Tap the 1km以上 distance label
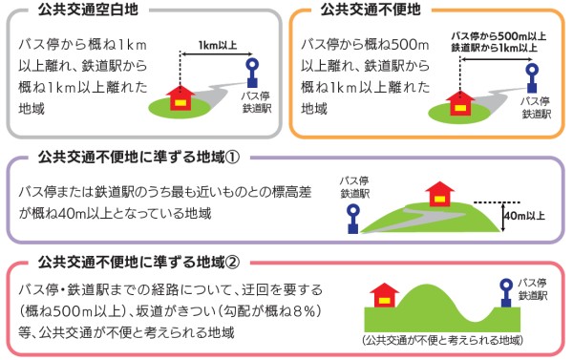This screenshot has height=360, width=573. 219,44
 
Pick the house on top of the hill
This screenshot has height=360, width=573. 438,194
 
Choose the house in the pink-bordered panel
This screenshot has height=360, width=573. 384,294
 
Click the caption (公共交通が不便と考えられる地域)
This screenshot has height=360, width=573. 440,340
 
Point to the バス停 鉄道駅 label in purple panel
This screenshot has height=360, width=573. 355,186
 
